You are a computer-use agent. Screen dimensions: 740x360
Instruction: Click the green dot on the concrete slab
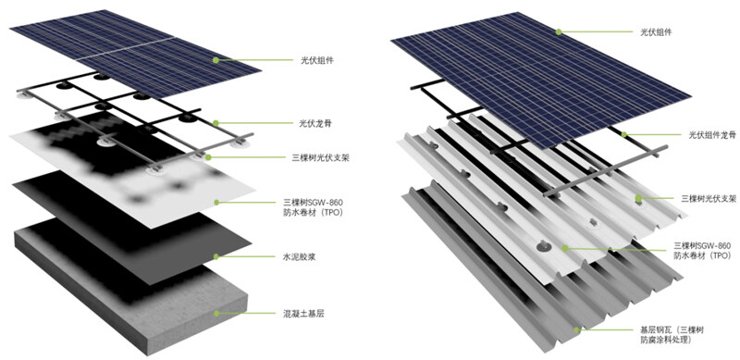[x=216, y=313]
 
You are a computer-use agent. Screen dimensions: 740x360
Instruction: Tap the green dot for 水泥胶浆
[x=216, y=257]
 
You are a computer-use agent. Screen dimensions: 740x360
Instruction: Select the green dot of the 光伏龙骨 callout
[x=216, y=123]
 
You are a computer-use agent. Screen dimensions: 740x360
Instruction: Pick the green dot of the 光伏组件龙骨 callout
[x=623, y=134]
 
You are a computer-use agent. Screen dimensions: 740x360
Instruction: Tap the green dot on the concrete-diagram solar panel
[x=216, y=60]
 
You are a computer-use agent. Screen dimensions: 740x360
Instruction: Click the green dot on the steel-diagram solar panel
[x=559, y=31]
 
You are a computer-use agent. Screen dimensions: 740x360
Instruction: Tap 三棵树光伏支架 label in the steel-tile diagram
[x=709, y=199]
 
